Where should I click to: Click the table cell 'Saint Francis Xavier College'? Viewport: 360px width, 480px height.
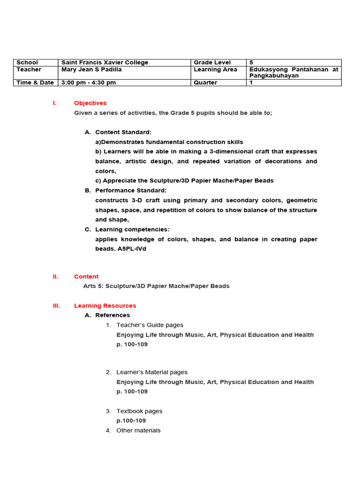click(x=105, y=62)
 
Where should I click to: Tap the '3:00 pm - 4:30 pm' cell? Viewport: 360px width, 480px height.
click(x=89, y=82)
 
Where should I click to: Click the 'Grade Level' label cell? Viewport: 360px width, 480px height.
click(x=212, y=62)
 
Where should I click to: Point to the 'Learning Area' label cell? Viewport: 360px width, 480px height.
click(x=214, y=69)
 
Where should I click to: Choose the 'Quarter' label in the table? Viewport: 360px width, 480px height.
click(x=205, y=82)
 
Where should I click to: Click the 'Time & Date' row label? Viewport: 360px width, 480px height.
click(x=35, y=82)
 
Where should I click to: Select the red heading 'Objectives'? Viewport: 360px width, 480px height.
click(x=90, y=103)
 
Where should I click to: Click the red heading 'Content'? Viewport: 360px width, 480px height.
click(x=86, y=277)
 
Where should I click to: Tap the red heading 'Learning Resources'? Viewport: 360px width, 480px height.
click(x=105, y=306)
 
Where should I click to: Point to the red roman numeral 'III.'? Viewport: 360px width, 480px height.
click(x=57, y=306)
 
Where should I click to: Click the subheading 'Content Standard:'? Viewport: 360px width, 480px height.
click(x=123, y=132)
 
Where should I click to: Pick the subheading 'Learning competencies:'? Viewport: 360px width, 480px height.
click(x=132, y=230)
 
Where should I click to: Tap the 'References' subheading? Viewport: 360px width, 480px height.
click(x=112, y=315)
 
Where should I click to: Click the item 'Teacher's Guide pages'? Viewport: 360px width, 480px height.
click(x=150, y=325)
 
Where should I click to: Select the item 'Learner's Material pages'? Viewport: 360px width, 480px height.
click(x=152, y=372)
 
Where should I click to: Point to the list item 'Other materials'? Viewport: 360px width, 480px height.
click(x=138, y=430)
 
